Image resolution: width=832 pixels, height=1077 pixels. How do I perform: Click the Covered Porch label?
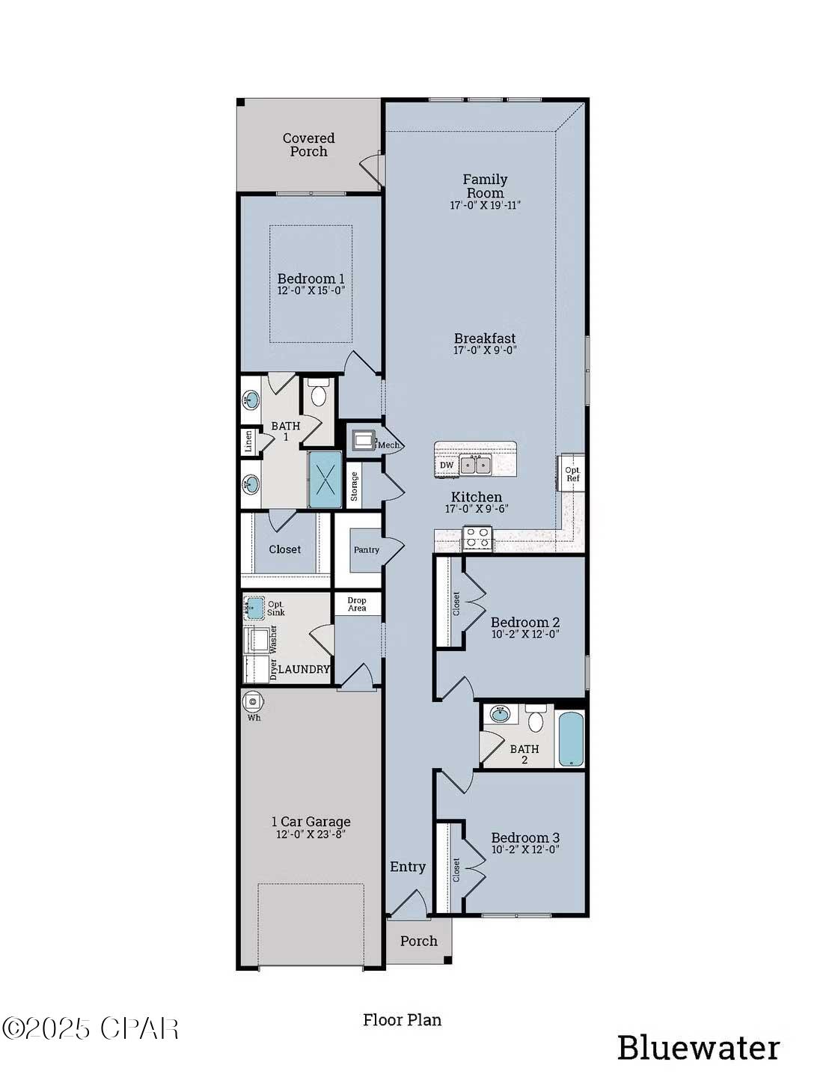[308, 144]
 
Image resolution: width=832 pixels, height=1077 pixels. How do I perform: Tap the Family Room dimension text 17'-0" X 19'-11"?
[485, 205]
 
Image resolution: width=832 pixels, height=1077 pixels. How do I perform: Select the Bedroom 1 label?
[311, 278]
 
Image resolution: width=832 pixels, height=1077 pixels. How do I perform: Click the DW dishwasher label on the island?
[447, 466]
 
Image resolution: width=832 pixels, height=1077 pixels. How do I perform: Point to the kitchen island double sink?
[474, 466]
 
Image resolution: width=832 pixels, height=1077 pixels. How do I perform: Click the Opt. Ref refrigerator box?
[572, 474]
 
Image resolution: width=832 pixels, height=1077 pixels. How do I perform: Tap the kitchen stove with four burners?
[477, 538]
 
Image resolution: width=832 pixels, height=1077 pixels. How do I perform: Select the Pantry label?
[366, 550]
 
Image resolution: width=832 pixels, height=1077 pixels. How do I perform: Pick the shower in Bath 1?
[325, 480]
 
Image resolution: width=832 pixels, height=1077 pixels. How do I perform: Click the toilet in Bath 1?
[319, 394]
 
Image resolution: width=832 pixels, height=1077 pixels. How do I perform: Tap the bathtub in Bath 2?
[571, 739]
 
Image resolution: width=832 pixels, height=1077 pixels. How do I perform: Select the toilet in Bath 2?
[536, 718]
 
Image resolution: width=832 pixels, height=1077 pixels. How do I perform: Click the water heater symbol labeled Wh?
[253, 702]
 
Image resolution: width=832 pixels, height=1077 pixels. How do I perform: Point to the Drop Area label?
[357, 604]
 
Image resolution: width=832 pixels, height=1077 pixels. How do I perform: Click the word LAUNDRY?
[304, 669]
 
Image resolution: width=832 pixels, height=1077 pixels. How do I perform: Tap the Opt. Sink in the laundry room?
[254, 607]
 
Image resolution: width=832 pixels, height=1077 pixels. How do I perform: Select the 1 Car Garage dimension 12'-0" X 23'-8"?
[311, 835]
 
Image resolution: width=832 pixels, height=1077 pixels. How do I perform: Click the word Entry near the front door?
[408, 867]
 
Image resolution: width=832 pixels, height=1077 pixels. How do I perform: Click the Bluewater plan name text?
[698, 1048]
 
